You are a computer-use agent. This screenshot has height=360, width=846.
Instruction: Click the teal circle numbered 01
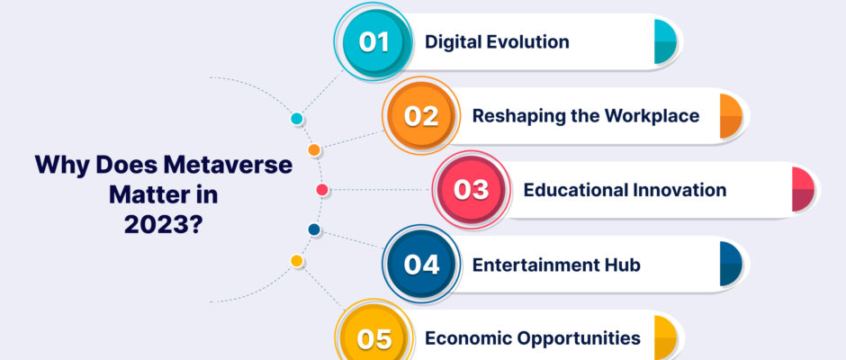point(373,41)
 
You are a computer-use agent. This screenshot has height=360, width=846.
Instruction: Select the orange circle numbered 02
point(421,115)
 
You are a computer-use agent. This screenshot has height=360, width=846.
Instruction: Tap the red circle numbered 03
point(472,190)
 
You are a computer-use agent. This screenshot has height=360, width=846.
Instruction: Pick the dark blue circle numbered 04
point(421,264)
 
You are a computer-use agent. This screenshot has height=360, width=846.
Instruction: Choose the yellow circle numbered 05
point(373,337)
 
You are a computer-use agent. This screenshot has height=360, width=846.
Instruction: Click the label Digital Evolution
point(497,41)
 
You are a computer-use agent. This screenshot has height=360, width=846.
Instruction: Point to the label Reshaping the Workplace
point(586,115)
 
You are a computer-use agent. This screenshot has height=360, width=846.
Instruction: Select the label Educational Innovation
point(625,190)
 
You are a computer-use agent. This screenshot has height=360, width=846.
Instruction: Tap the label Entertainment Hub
point(556,265)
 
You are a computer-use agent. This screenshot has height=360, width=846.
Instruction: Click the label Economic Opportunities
point(533,338)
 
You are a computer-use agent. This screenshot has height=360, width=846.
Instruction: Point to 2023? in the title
point(164,224)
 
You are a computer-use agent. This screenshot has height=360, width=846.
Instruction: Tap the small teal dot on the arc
point(297,119)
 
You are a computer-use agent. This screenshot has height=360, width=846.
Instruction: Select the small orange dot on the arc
point(314,150)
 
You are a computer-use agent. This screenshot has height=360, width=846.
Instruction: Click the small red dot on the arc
point(322,189)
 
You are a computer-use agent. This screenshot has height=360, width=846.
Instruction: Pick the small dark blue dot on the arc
point(314,229)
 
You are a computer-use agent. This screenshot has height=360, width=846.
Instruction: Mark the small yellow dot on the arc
point(297,261)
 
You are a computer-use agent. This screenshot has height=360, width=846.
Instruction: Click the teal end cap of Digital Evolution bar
point(665,41)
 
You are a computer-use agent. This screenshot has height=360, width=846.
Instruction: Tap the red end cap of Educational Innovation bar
point(803,189)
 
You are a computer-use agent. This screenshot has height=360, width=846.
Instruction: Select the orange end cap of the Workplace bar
point(731,115)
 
